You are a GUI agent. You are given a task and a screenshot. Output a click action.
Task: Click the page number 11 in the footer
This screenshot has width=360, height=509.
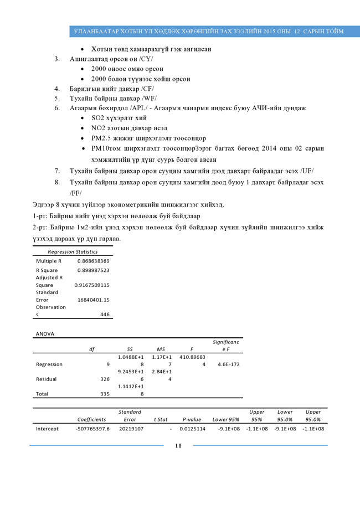(x=178, y=446)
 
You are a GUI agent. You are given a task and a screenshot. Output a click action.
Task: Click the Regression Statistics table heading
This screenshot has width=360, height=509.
(x=73, y=251)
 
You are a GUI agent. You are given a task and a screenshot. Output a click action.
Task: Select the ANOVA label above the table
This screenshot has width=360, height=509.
(x=45, y=334)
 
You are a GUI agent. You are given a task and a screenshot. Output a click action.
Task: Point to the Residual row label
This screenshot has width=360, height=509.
(x=47, y=379)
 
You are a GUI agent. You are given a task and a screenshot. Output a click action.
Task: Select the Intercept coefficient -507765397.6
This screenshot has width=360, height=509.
(x=92, y=429)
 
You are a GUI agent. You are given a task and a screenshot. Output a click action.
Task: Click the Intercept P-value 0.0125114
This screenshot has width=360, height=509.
(x=192, y=429)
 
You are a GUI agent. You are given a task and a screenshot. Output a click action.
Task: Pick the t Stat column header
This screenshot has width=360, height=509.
(x=161, y=420)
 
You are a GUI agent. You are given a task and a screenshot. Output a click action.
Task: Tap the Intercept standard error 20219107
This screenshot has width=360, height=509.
(x=131, y=429)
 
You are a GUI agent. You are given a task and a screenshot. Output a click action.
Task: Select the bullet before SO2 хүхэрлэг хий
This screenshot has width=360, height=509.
(x=83, y=118)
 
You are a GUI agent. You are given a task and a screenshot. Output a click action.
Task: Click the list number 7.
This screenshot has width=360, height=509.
(x=57, y=171)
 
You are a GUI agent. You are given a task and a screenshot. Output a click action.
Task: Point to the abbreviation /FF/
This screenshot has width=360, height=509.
(x=76, y=193)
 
